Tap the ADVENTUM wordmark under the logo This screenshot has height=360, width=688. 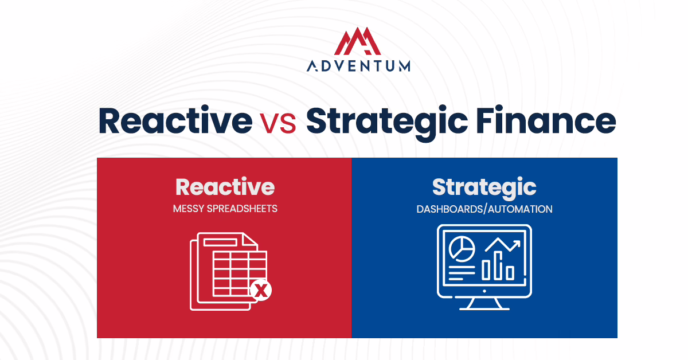(358, 66)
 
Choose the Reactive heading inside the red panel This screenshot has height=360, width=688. (225, 187)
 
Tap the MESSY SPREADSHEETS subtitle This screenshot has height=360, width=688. (225, 209)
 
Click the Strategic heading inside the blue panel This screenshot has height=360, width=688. (484, 187)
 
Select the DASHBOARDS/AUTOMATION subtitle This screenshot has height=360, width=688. (484, 209)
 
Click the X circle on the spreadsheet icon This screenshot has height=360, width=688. (261, 291)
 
